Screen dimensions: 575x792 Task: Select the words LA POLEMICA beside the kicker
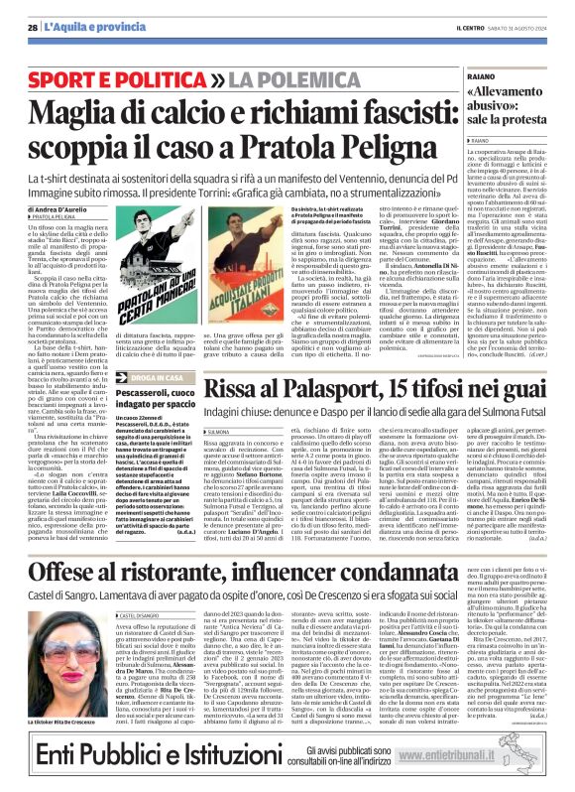tap(225, 76)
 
